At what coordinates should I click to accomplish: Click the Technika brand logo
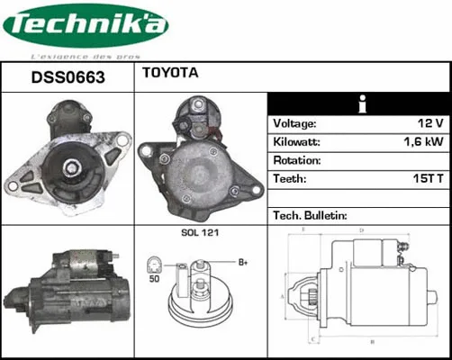point(85,27)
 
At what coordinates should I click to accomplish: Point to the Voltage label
point(294,123)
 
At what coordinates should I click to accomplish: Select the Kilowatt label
point(297,142)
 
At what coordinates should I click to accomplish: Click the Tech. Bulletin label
point(310,216)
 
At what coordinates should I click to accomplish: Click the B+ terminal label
point(242,263)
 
